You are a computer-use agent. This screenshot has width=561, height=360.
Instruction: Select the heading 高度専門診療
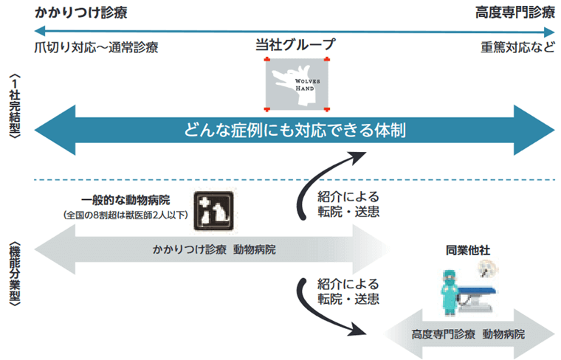pyautogui.click(x=514, y=13)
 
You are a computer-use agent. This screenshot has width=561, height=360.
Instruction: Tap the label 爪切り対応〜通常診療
pyautogui.click(x=96, y=47)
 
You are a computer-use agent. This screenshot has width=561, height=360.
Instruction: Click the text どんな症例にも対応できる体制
pyautogui.click(x=295, y=131)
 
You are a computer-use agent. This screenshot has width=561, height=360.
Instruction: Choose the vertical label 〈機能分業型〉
pyautogui.click(x=16, y=273)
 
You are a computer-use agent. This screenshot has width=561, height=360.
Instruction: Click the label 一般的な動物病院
pyautogui.click(x=125, y=201)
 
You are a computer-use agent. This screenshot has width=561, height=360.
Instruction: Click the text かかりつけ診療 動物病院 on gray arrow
pyautogui.click(x=214, y=249)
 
